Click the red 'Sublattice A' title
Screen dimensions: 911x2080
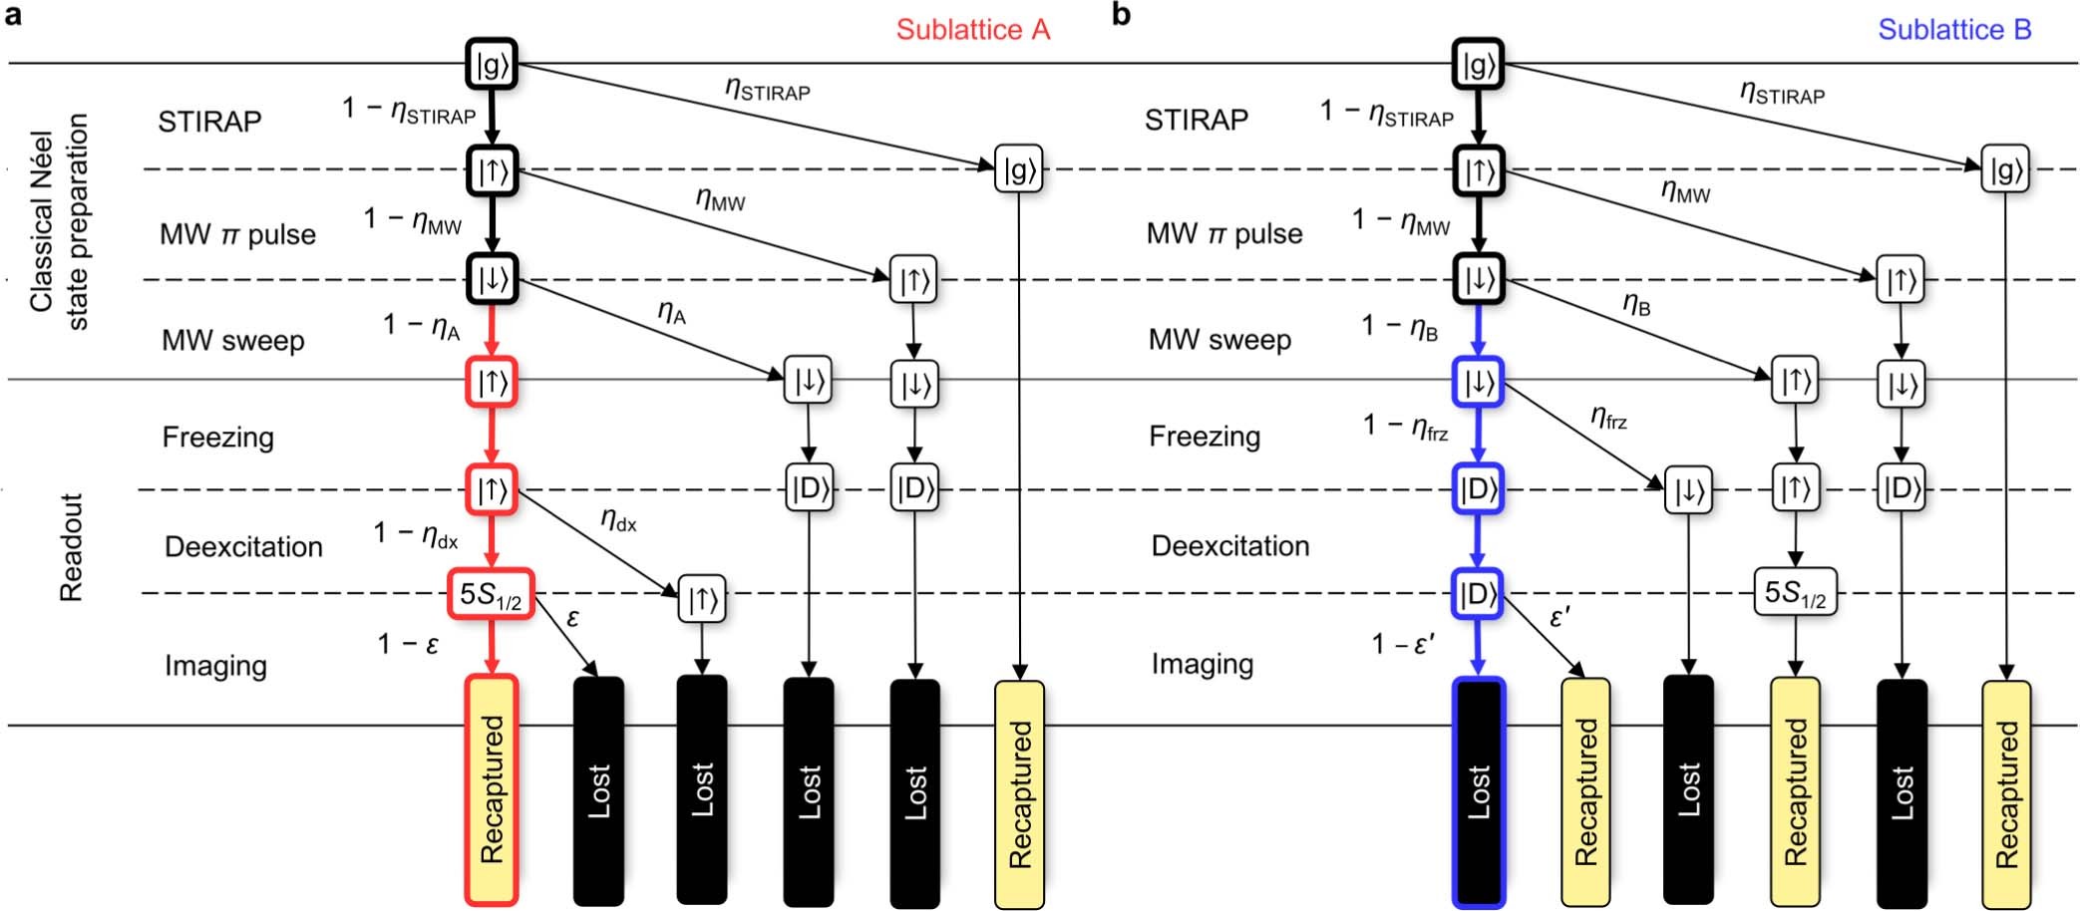(972, 30)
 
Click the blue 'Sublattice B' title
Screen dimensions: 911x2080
(1953, 30)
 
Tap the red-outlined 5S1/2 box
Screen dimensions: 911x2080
(491, 594)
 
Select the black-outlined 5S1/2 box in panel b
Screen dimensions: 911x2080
(1794, 592)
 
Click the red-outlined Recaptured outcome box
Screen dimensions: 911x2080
(492, 789)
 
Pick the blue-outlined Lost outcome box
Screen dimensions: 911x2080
(1478, 791)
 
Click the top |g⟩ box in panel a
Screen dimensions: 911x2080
(492, 64)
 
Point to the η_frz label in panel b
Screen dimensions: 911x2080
(1608, 418)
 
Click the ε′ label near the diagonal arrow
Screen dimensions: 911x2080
(1560, 618)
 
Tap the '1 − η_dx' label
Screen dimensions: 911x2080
(416, 535)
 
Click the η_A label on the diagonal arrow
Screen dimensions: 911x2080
(672, 313)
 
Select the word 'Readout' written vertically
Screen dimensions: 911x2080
(71, 547)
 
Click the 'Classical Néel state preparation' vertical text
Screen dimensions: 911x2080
(58, 221)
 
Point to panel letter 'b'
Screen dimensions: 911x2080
(1121, 15)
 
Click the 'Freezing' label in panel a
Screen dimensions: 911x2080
(217, 437)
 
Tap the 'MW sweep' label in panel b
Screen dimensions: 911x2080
(1218, 340)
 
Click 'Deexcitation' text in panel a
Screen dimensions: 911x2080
(243, 546)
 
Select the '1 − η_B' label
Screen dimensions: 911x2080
(1400, 327)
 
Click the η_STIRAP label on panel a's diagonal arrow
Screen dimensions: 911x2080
(767, 90)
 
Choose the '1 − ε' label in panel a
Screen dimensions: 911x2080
(408, 645)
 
